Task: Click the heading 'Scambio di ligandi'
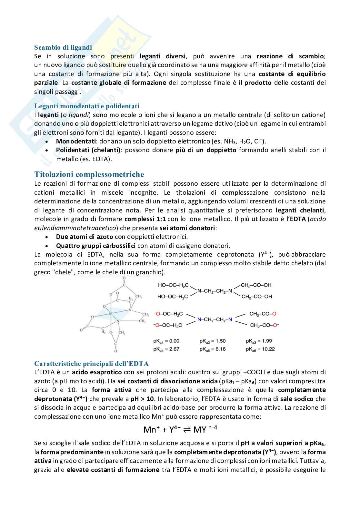[63, 47]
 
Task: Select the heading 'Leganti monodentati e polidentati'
[87, 106]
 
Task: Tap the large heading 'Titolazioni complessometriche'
[89, 174]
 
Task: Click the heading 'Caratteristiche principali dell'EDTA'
[91, 364]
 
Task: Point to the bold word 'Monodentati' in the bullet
[76, 141]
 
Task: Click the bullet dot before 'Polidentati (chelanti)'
[47, 150]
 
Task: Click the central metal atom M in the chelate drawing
[111, 313]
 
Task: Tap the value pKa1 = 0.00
[166, 341]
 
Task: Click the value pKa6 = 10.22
[260, 349]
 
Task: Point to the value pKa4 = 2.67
[166, 349]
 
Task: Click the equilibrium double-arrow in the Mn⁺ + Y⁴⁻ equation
[187, 429]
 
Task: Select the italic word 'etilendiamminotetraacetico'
[75, 228]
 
